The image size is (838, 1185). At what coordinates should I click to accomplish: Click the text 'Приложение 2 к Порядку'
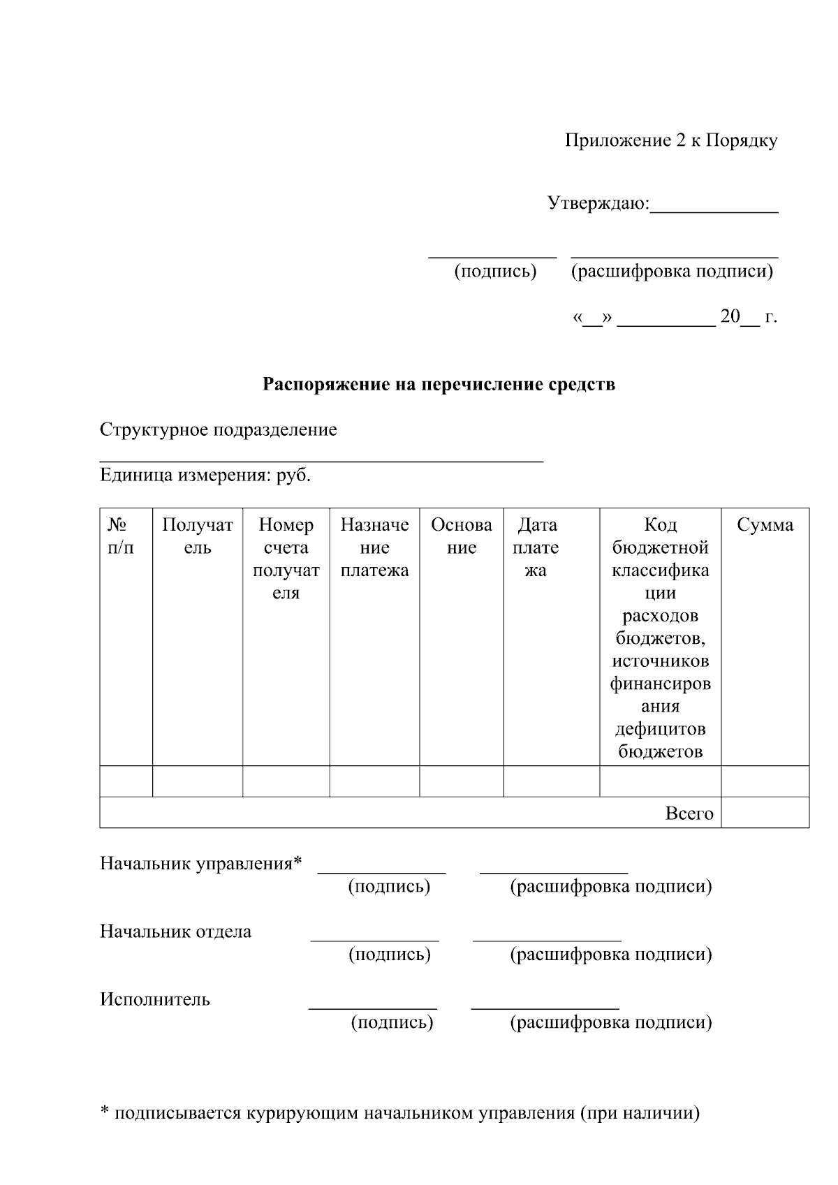click(x=670, y=141)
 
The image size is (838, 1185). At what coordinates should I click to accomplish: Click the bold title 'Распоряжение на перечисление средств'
click(x=439, y=384)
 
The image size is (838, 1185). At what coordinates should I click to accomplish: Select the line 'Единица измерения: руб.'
click(x=205, y=476)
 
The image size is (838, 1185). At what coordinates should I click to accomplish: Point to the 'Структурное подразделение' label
click(x=218, y=429)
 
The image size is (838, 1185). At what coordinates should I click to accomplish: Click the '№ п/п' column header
click(x=120, y=536)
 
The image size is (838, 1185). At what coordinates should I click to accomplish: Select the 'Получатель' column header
click(x=198, y=536)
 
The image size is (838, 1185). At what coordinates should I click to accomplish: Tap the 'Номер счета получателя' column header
click(x=286, y=559)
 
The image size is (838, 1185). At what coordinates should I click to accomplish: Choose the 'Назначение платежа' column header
click(x=374, y=547)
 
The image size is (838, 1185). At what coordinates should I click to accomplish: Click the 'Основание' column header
click(x=461, y=536)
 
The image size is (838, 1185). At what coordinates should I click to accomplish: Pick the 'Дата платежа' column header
click(x=536, y=547)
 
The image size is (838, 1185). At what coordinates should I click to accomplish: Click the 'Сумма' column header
click(x=765, y=525)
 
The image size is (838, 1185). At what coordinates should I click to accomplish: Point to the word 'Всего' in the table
click(x=689, y=814)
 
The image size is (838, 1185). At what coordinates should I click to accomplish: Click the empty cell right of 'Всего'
click(x=765, y=813)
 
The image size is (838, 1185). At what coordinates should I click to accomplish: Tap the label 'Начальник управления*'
click(x=201, y=864)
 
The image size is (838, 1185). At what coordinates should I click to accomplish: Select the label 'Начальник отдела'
click(x=175, y=932)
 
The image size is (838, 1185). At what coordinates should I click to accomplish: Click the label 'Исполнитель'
click(x=154, y=999)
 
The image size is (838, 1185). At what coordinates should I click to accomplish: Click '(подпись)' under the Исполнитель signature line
click(x=391, y=1023)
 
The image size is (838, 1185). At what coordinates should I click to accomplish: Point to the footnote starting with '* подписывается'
click(x=399, y=1113)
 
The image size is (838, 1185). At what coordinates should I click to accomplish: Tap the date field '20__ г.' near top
click(x=749, y=317)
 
